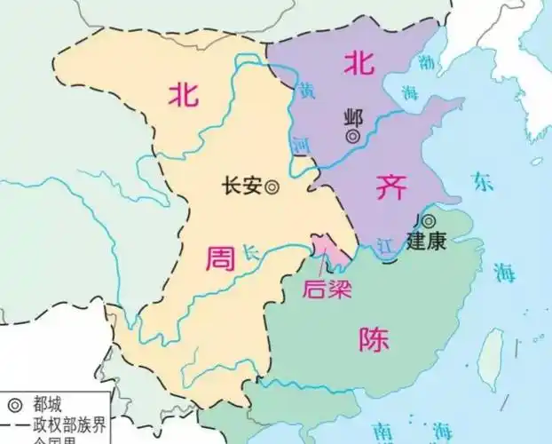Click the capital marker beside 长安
272,186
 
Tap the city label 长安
243,186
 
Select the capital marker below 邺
353,137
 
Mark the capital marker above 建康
429,220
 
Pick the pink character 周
218,259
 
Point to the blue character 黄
306,91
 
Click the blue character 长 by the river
250,252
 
